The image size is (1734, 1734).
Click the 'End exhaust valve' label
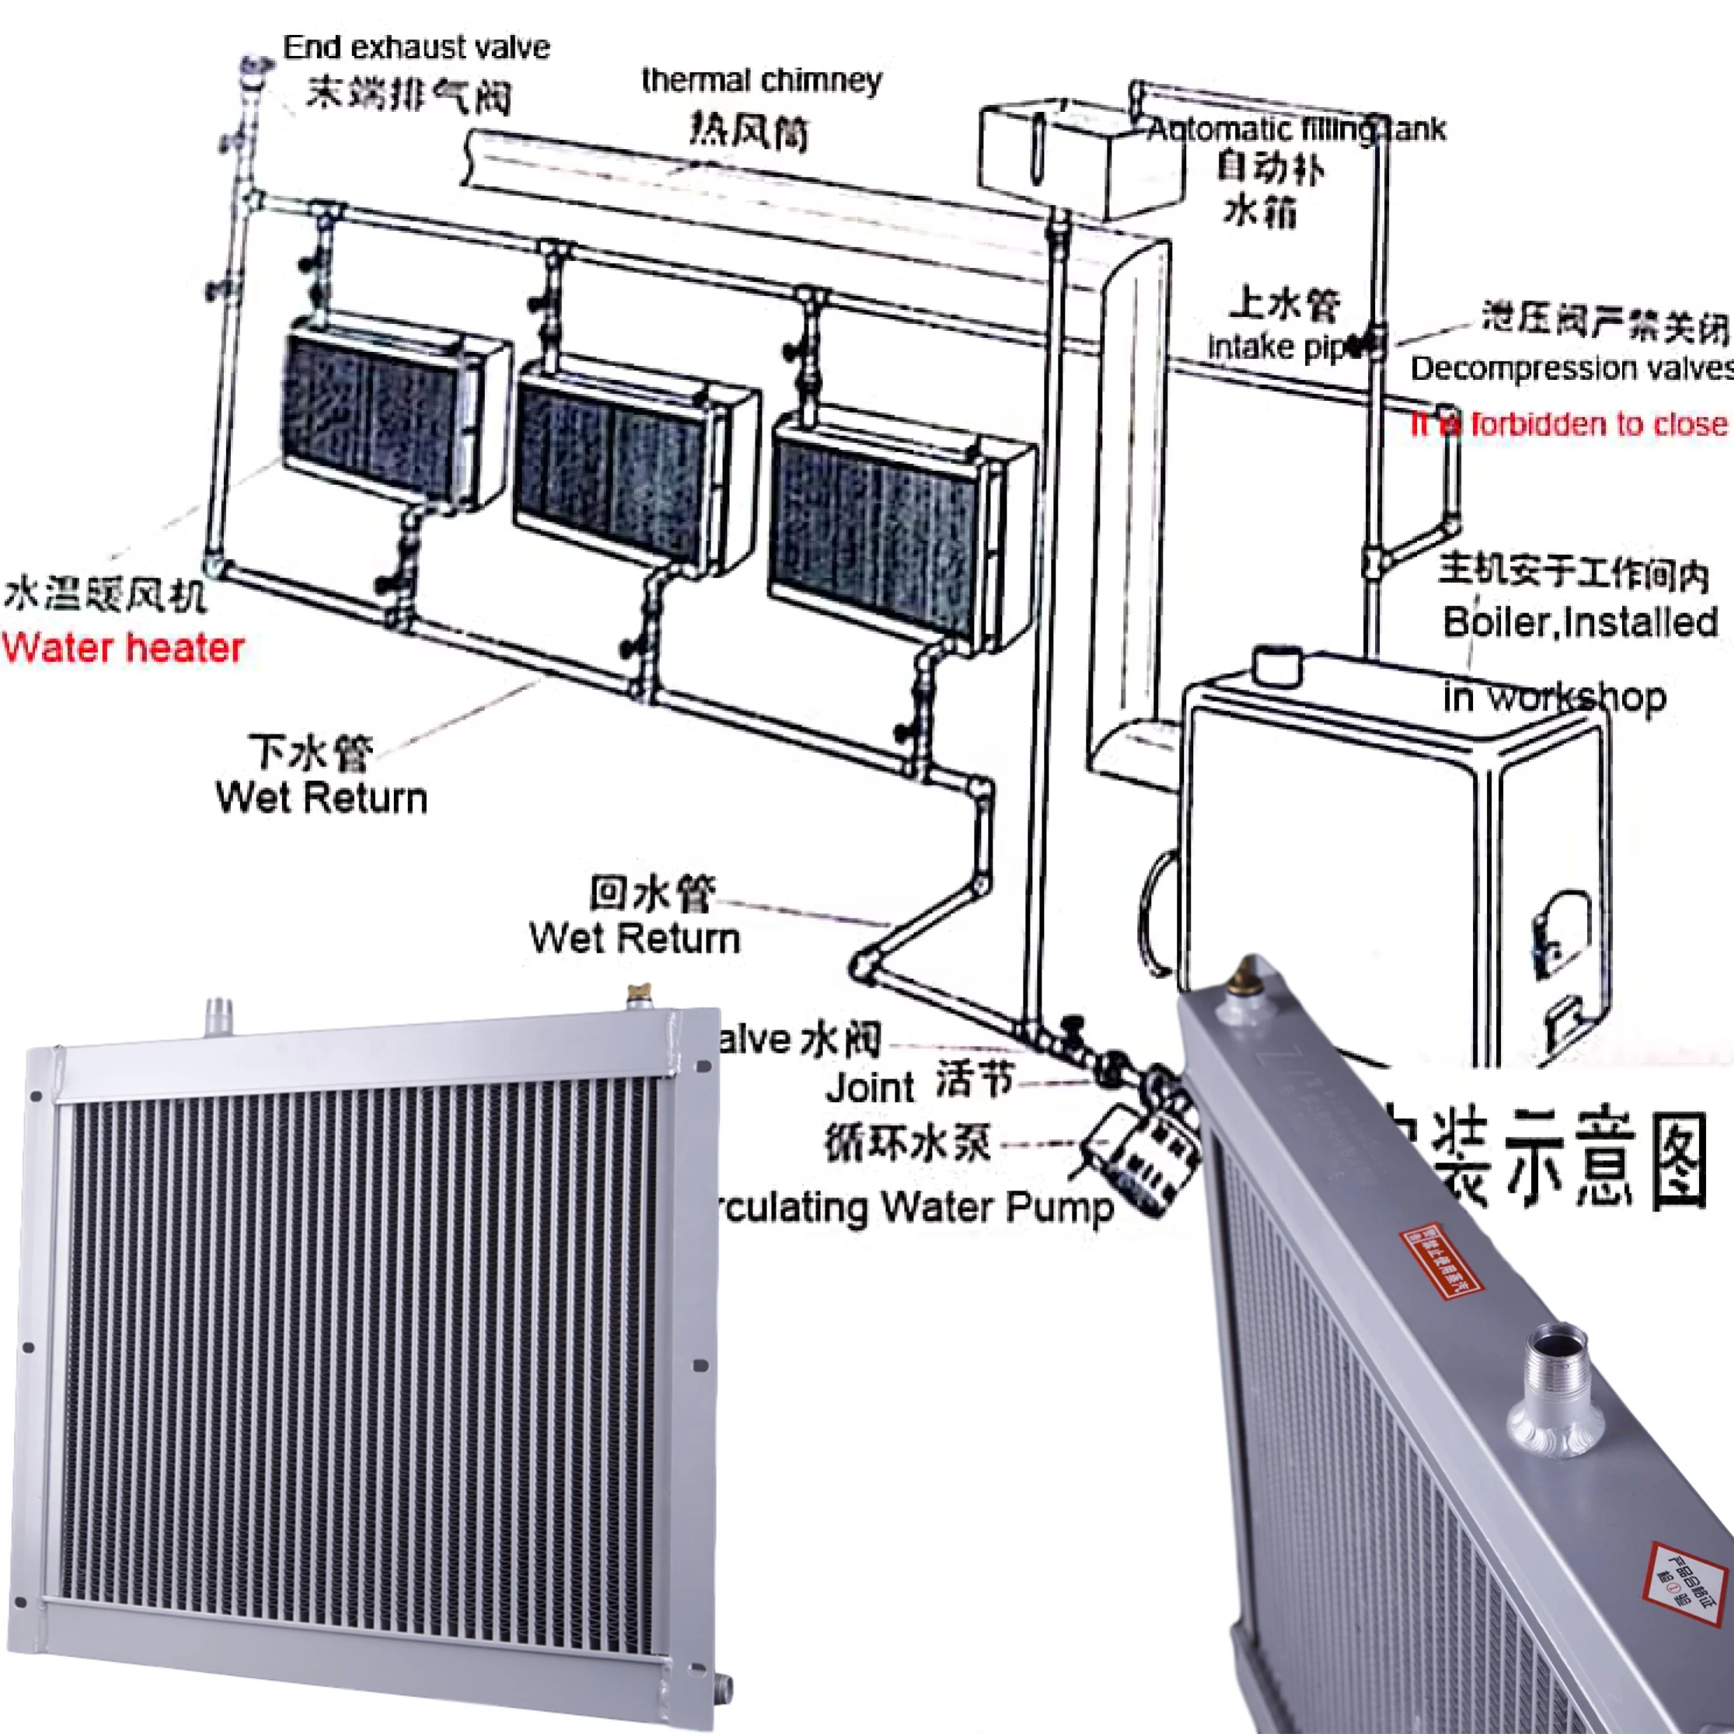click(415, 47)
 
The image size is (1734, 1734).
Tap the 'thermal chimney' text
click(761, 80)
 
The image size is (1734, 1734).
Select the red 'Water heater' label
click(123, 648)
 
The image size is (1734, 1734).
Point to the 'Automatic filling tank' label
click(1296, 130)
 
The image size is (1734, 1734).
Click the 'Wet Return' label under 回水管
click(634, 939)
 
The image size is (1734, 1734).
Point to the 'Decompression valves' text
click(1570, 368)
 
